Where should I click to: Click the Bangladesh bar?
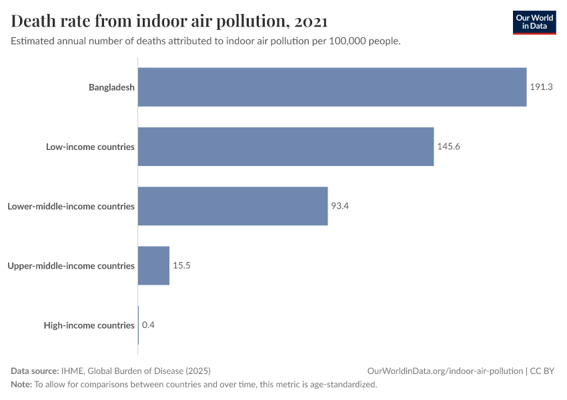332,87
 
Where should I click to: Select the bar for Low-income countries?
286,147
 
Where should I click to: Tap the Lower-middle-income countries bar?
233,206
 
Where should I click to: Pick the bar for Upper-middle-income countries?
153,265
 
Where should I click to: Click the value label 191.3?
542,87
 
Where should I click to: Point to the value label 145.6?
448,147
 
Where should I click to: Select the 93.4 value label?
340,206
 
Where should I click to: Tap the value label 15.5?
182,265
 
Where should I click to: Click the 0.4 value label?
148,325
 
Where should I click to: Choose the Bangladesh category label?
111,87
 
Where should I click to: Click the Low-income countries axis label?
90,147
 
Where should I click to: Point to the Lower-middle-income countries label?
71,206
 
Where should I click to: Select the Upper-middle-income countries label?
71,265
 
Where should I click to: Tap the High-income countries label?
89,325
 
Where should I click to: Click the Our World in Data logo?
534,22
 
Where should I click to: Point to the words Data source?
35,371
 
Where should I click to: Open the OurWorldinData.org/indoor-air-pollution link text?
445,371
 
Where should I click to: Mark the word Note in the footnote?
21,385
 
